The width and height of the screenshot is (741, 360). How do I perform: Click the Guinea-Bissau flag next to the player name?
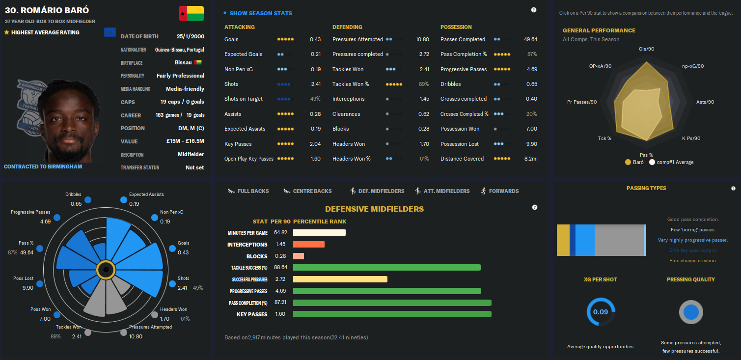[x=192, y=14]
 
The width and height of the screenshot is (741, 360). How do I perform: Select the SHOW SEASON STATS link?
[x=260, y=13]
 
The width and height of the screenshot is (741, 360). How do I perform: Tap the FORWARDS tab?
[x=503, y=191]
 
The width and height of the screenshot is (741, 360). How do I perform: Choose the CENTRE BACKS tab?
[x=312, y=191]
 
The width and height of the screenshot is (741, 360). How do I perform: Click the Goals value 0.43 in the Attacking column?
[x=315, y=39]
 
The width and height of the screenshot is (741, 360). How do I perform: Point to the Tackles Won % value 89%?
[x=423, y=84]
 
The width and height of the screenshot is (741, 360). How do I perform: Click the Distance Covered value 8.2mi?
[x=531, y=159]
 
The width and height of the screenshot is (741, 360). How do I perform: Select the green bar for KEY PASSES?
[x=392, y=314]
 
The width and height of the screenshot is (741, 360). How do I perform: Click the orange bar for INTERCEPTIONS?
[x=309, y=245]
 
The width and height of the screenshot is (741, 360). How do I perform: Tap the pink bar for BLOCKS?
[x=299, y=256]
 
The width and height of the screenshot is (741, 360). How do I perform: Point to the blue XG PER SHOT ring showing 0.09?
[x=601, y=312]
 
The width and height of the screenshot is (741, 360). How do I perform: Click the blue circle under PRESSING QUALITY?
[x=691, y=312]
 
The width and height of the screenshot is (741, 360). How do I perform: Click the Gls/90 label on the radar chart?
[x=646, y=49]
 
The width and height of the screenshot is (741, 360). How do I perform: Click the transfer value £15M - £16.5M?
[x=185, y=141]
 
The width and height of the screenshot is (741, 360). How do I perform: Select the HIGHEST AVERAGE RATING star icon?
[x=6, y=32]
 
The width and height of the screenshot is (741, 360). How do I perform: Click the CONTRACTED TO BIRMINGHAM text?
[x=43, y=166]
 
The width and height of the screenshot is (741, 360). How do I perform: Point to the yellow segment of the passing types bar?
[x=563, y=240]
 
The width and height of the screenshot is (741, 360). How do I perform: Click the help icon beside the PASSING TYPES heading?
[x=733, y=188]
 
